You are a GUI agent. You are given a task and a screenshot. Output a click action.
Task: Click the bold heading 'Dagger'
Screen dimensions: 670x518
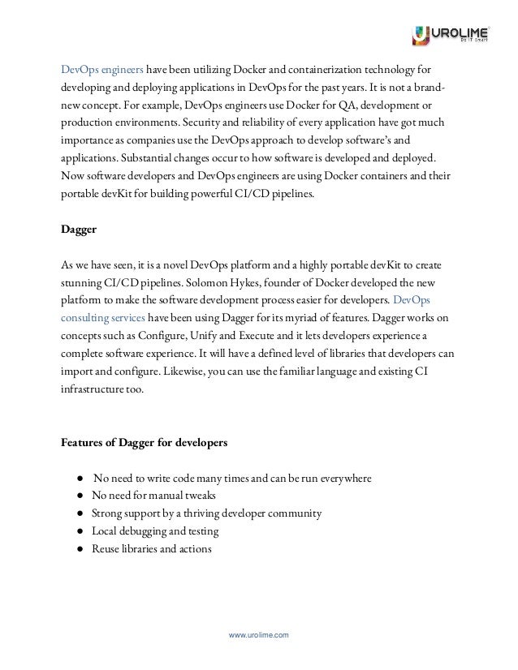tap(80, 229)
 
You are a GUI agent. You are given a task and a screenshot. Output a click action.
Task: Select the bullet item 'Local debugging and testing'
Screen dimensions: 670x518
tap(157, 531)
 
